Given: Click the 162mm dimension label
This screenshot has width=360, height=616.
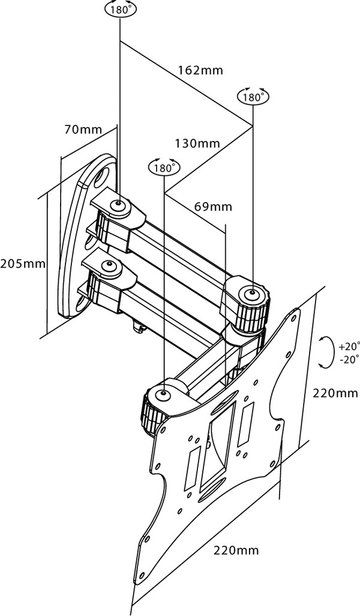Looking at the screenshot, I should pos(200,70).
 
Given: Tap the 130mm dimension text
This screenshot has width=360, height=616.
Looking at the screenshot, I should pos(197,143).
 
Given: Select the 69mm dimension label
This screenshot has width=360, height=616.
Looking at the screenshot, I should pos(213,207).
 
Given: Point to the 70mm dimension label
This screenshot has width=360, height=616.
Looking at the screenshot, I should pos(83,129).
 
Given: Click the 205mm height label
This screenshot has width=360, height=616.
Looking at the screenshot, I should pos(23,263).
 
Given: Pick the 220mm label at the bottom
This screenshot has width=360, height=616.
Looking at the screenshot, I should pos(236,550).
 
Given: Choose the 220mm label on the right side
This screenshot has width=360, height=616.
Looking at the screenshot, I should pos(335,393).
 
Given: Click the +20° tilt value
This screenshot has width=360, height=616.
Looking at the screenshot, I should pos(349,347).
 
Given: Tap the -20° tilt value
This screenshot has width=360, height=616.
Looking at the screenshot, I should pos(349,359).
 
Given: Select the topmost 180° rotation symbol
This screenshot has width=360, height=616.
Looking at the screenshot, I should pos(119,10).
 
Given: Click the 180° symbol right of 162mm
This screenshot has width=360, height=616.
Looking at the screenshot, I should pos(253,96).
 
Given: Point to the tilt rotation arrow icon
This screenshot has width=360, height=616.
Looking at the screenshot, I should pos(325,351).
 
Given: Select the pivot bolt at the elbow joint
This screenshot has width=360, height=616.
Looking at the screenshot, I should pos(252,293).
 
